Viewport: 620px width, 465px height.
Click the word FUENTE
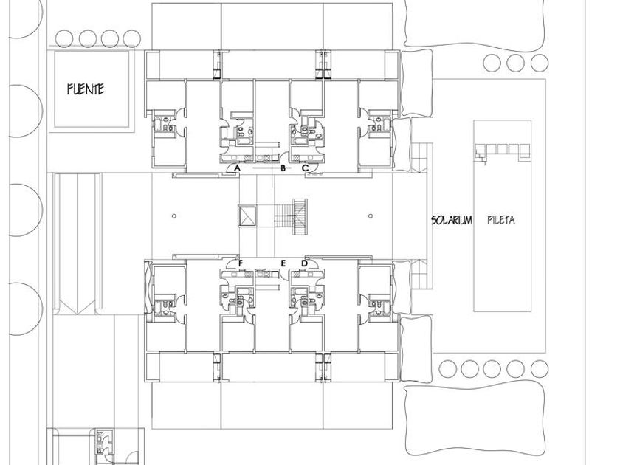click(86, 89)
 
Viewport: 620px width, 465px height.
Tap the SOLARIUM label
click(452, 220)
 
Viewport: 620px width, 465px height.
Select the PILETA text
click(501, 220)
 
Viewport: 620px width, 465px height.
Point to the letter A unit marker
click(237, 168)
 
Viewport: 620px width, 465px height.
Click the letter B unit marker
click(283, 168)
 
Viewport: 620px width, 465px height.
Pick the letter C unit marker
click(306, 168)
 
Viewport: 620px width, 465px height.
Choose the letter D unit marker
click(304, 263)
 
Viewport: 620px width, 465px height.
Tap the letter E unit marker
click(283, 263)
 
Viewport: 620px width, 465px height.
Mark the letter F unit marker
click(241, 263)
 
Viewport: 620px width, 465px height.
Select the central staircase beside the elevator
click(291, 217)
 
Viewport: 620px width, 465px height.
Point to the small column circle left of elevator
click(174, 216)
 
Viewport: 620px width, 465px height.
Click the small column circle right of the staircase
click(370, 216)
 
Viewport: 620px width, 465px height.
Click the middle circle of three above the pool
click(516, 63)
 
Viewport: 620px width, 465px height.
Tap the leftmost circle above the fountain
click(64, 39)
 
